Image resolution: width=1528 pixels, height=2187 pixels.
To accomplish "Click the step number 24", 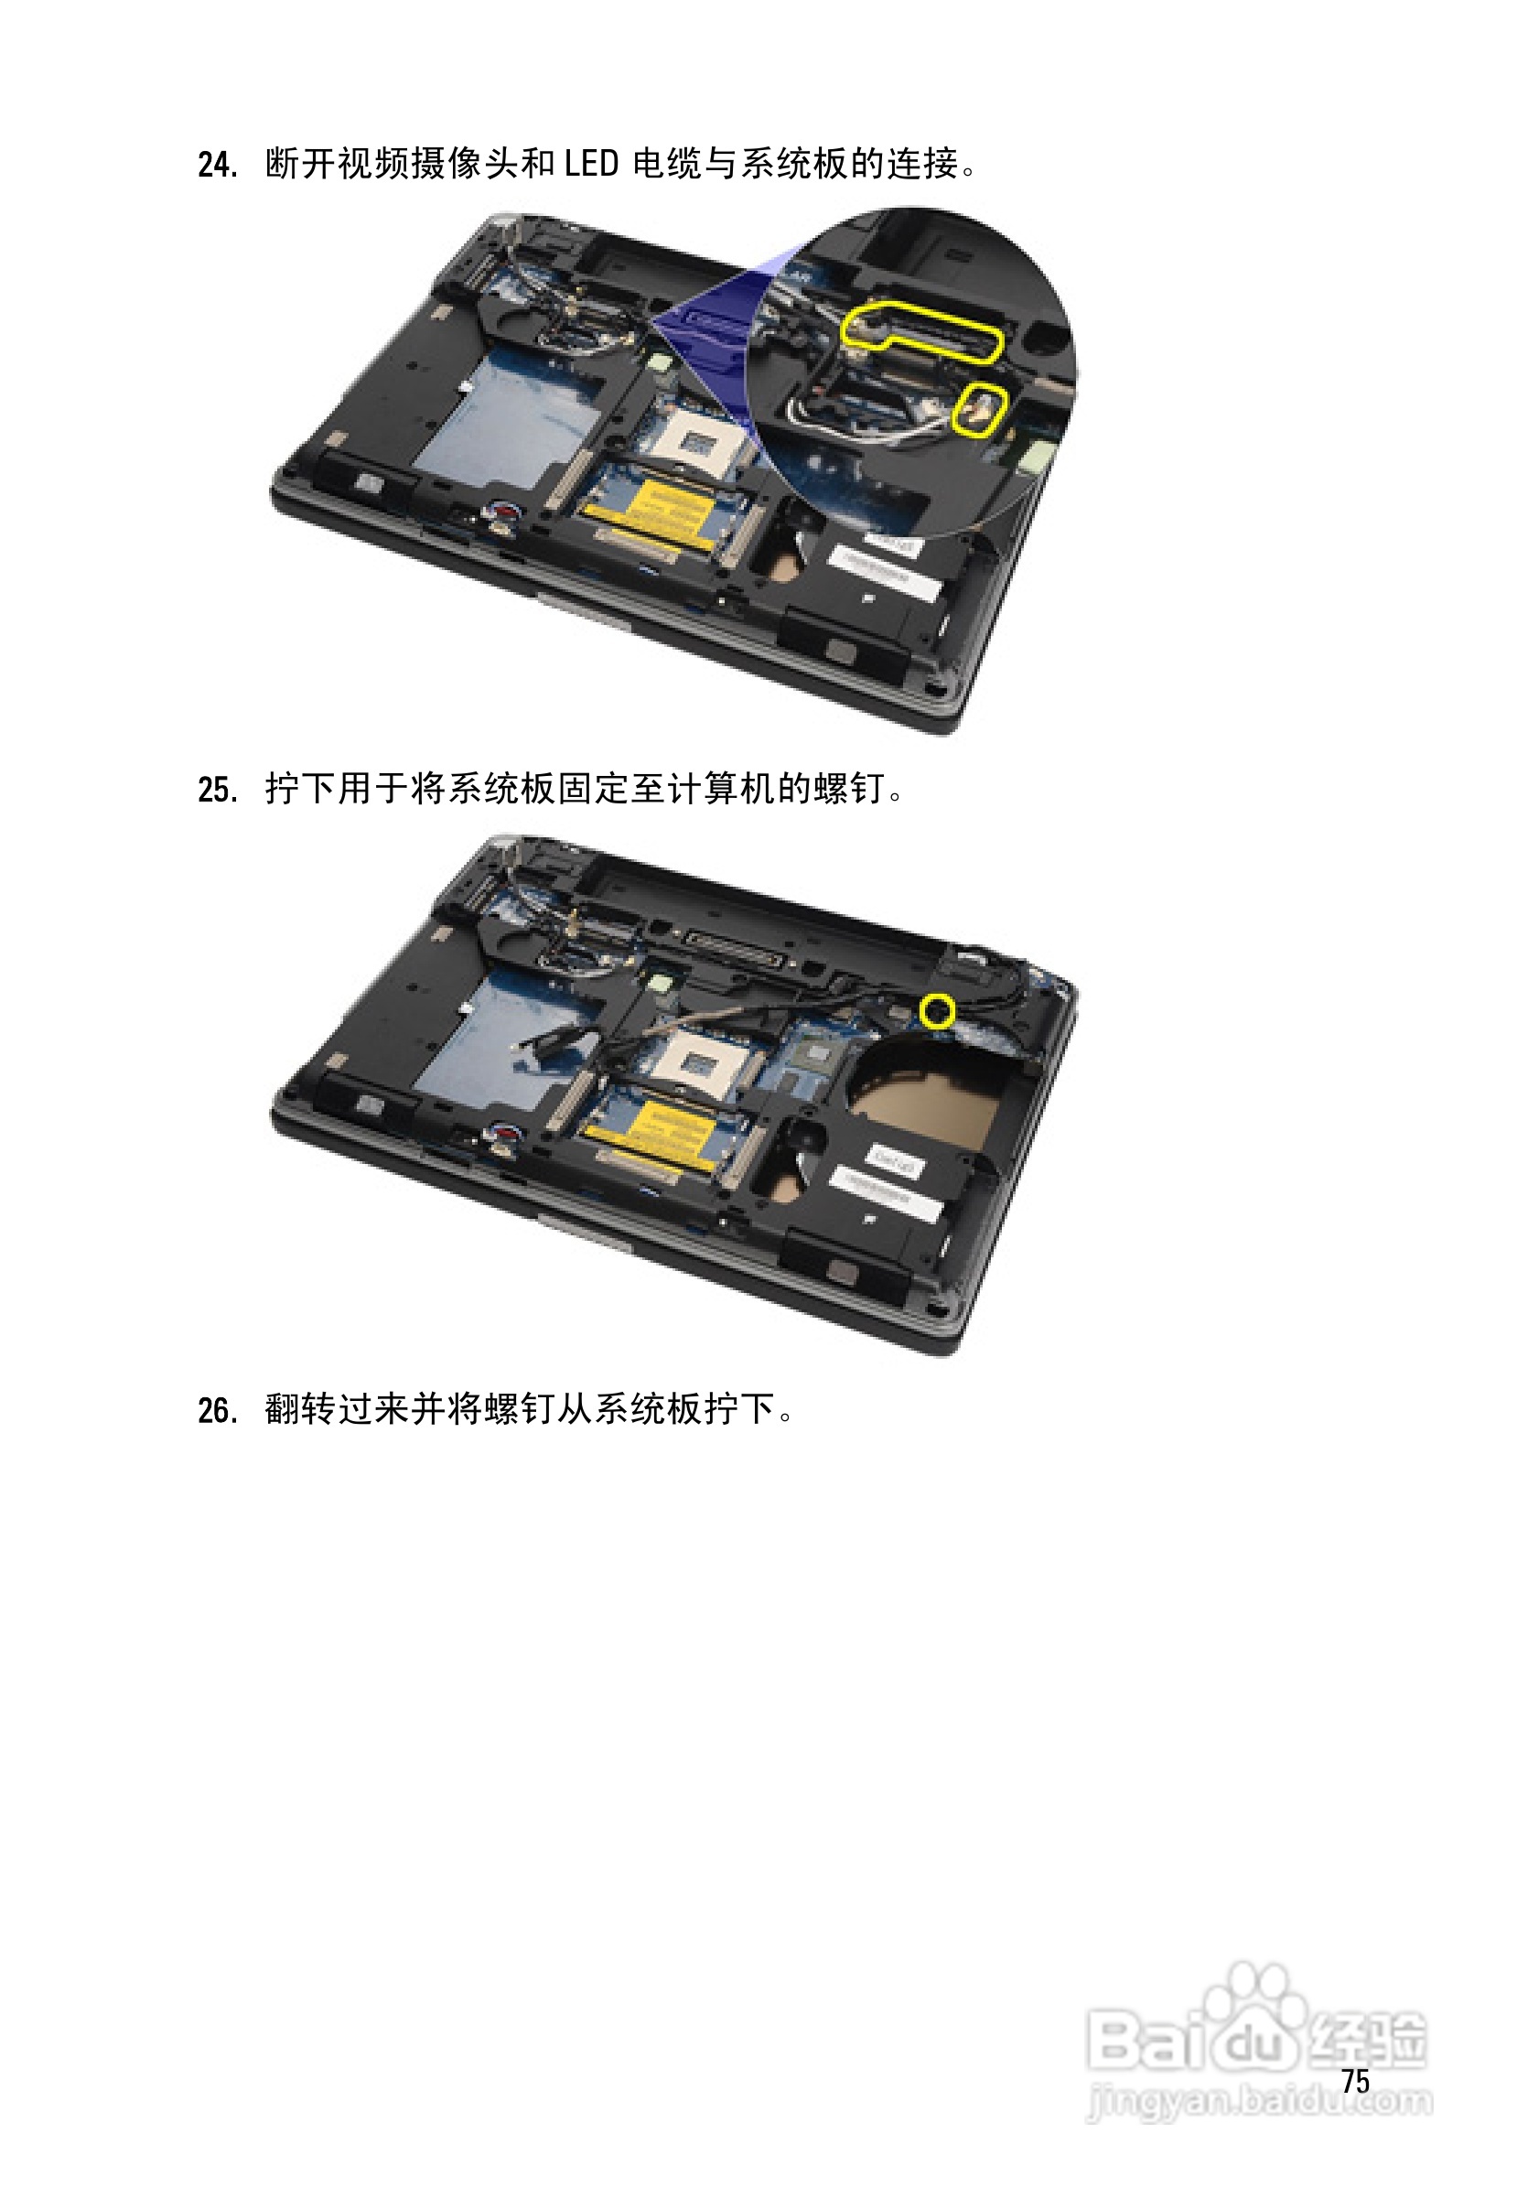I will pyautogui.click(x=217, y=165).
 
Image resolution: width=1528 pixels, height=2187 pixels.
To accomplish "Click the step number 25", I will pyautogui.click(x=217, y=790).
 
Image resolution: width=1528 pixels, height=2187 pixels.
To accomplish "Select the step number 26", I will pyautogui.click(x=217, y=1411).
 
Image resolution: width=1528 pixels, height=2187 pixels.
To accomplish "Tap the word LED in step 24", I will pyautogui.click(x=591, y=164).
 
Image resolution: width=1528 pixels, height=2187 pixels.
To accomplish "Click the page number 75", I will pyautogui.click(x=1355, y=2081).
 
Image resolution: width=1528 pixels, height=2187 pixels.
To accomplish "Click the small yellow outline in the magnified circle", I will pyautogui.click(x=981, y=410).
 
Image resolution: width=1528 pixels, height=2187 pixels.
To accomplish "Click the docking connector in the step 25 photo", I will pyautogui.click(x=736, y=947).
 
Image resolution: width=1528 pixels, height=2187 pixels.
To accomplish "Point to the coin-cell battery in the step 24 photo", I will pyautogui.click(x=502, y=514).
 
